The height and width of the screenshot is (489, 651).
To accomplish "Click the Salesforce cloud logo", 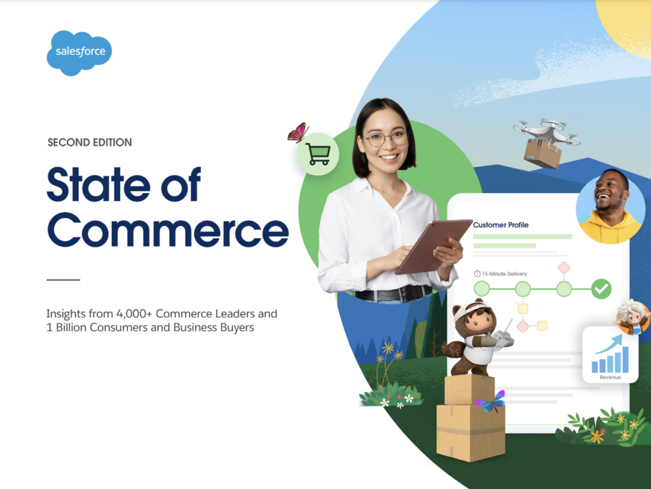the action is click(x=79, y=53).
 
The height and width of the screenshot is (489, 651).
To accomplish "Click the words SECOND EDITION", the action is click(x=90, y=142).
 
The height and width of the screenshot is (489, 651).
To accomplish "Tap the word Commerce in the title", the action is click(x=168, y=230).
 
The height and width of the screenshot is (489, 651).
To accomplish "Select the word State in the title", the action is click(x=99, y=185).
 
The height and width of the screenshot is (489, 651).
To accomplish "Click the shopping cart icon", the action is click(x=318, y=154).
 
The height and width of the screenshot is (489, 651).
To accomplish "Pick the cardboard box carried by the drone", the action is click(x=542, y=154).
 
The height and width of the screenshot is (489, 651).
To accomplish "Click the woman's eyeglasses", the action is click(x=386, y=139).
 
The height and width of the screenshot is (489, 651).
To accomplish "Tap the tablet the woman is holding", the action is click(x=434, y=246).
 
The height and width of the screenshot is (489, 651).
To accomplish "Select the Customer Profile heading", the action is click(x=501, y=225).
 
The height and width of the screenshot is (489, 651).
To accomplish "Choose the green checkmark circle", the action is click(x=601, y=288).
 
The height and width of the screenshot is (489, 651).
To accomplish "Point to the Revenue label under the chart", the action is click(x=610, y=377).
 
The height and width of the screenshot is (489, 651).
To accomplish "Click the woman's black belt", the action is click(x=393, y=294).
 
